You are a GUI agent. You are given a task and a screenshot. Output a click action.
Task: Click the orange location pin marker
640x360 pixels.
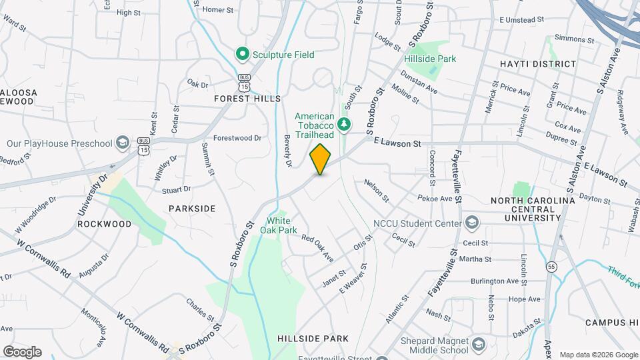click(321, 159)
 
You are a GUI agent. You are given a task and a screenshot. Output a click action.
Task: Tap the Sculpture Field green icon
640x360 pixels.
click(242, 54)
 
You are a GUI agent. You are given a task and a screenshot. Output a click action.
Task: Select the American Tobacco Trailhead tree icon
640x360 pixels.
click(344, 123)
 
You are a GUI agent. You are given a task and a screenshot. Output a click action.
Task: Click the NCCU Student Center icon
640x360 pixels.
click(472, 222)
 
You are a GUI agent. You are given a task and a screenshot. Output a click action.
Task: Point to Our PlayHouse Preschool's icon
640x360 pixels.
click(122, 143)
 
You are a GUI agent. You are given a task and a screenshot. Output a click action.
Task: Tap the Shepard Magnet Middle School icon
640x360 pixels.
click(478, 343)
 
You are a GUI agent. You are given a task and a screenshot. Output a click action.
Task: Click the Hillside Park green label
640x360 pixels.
click(430, 59)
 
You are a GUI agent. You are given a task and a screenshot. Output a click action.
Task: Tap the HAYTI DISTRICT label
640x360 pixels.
click(537, 64)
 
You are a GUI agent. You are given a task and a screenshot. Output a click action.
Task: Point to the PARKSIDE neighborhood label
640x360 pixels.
click(192, 209)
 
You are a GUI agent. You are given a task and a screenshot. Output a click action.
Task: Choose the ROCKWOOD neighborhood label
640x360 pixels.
click(105, 224)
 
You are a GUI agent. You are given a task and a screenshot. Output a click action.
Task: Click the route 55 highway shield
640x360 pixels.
click(551, 267)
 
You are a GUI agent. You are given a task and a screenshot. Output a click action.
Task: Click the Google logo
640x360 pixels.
click(22, 351)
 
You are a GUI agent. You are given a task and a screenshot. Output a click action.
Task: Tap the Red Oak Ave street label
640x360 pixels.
click(317, 247)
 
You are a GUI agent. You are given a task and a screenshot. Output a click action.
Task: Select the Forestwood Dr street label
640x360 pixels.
click(237, 138)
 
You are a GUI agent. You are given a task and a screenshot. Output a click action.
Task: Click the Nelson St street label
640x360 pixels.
click(377, 190)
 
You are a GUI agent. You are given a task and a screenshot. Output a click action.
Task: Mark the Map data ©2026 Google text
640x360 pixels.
click(598, 354)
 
